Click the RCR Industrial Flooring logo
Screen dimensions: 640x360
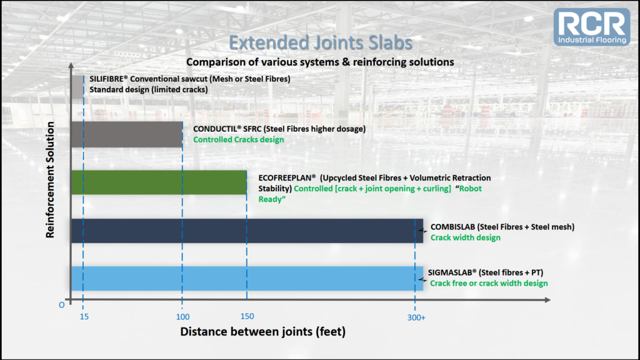(592, 26)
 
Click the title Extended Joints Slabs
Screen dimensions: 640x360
(321, 43)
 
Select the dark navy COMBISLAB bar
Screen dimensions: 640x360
(247, 231)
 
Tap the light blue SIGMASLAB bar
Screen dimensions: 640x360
(247, 278)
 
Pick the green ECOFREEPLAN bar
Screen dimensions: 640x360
(159, 182)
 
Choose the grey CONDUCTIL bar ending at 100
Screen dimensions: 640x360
(127, 134)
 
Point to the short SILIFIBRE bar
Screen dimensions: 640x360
(77, 86)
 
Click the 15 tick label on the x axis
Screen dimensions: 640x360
(84, 317)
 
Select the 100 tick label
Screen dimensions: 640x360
(183, 317)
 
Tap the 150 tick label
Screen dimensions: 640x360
(247, 316)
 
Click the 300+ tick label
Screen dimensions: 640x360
(416, 317)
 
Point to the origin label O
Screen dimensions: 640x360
(62, 305)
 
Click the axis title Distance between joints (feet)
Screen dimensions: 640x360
(263, 331)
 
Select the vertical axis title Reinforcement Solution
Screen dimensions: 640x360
(50, 179)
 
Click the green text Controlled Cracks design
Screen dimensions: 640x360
(238, 139)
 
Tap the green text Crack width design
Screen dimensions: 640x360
(465, 237)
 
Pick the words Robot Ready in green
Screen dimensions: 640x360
(370, 194)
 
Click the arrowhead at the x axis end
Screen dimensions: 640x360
(547, 300)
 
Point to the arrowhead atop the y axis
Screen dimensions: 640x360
(71, 65)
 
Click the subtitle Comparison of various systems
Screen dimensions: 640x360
(320, 62)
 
